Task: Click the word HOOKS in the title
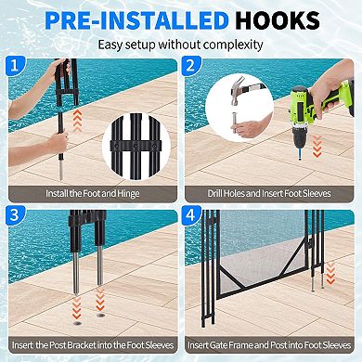point(290,20)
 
